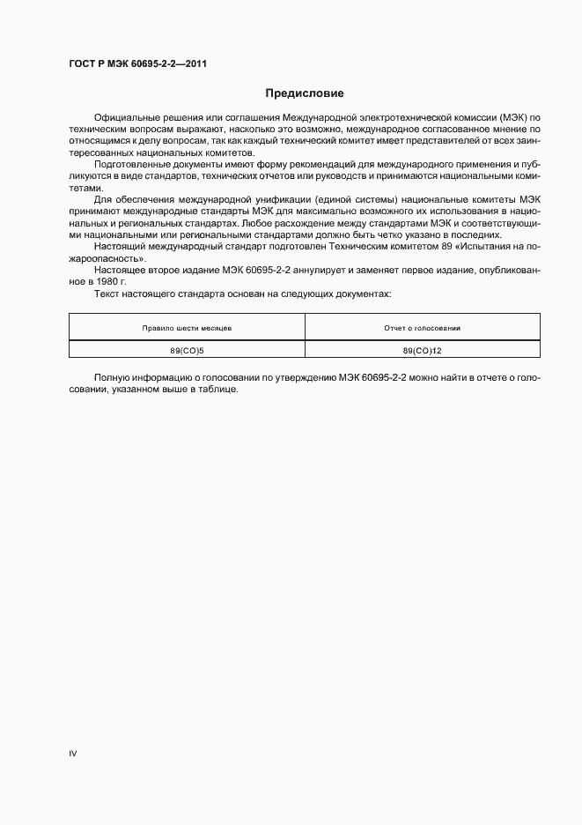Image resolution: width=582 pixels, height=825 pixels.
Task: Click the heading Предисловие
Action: pos(305,93)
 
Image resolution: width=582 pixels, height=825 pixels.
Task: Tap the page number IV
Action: pos(73,754)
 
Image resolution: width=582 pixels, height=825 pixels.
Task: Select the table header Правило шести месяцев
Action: pos(187,328)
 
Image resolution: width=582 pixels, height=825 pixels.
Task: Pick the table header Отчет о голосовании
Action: pos(423,328)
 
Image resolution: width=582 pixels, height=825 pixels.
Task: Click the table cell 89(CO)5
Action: pos(187,350)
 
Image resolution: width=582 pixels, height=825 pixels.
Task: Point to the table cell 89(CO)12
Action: pos(423,350)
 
